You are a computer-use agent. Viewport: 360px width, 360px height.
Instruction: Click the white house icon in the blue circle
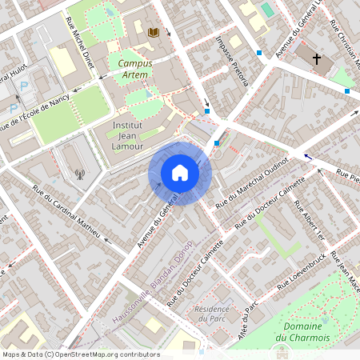[179, 173]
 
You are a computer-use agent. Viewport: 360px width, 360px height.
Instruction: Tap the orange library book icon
[154, 32]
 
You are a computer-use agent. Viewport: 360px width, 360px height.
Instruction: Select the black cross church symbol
[317, 59]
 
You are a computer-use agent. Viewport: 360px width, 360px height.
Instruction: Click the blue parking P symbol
[23, 84]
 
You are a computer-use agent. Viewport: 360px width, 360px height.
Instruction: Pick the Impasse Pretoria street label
[233, 58]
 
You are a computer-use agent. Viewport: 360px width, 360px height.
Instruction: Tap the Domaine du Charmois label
[302, 332]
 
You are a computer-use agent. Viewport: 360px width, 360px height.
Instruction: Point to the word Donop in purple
[186, 254]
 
